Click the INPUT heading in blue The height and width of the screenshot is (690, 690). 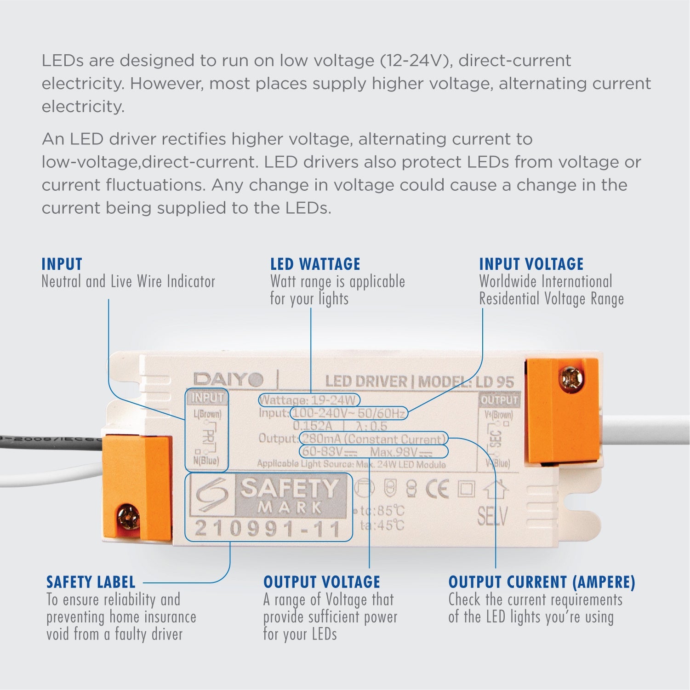(62, 264)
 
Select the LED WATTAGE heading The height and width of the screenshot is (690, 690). (315, 264)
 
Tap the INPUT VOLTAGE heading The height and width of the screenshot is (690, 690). (531, 264)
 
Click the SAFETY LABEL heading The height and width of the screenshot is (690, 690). (91, 582)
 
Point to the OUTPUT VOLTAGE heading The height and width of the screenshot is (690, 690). (321, 582)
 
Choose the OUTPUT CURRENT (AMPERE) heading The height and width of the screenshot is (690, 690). (542, 582)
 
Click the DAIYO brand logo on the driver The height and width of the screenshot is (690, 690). (228, 380)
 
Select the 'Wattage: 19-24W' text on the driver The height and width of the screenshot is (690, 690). (308, 400)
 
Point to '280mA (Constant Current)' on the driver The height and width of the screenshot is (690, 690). (373, 439)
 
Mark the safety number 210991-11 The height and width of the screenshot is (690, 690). (268, 529)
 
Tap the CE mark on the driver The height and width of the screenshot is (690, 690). (436, 490)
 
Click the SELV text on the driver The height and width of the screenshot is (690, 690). (492, 517)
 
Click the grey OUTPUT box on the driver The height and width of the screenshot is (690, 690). (499, 400)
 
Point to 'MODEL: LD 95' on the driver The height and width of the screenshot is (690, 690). (466, 382)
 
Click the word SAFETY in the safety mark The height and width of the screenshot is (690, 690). (290, 489)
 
